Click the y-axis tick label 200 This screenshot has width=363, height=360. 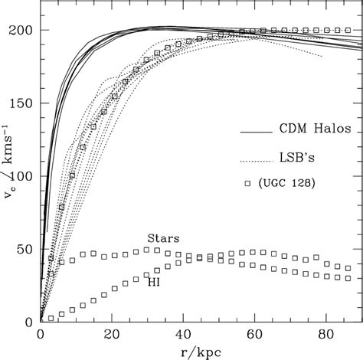pos(22,30)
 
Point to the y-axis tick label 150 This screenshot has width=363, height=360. pos(22,103)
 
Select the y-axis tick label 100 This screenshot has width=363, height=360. pos(22,175)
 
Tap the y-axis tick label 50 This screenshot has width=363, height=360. pos(25,249)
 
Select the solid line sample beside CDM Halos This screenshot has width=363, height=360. pos(257,132)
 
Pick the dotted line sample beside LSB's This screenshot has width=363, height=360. pos(257,161)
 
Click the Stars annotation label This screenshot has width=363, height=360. pos(163,238)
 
